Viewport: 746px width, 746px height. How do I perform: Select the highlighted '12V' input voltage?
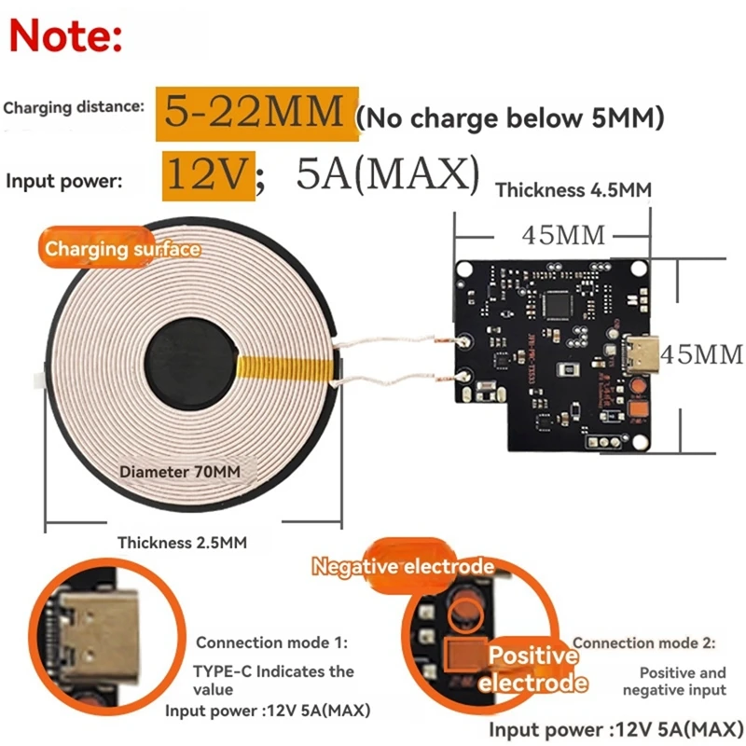207,175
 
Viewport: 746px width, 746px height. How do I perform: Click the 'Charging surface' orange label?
122,249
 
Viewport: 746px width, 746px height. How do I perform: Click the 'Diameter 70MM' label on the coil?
180,472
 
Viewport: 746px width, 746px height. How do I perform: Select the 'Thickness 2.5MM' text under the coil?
182,542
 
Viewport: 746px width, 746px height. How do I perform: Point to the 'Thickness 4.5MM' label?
573,190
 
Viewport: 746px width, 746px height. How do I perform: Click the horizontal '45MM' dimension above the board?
564,234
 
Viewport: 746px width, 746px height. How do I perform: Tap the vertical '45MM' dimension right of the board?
701,354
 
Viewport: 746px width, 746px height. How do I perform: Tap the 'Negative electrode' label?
402,566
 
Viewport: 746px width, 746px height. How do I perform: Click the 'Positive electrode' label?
534,669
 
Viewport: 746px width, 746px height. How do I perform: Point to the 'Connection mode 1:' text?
271,642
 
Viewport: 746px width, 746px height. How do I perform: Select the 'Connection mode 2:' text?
643,642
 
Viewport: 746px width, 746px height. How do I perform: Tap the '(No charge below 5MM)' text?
510,117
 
